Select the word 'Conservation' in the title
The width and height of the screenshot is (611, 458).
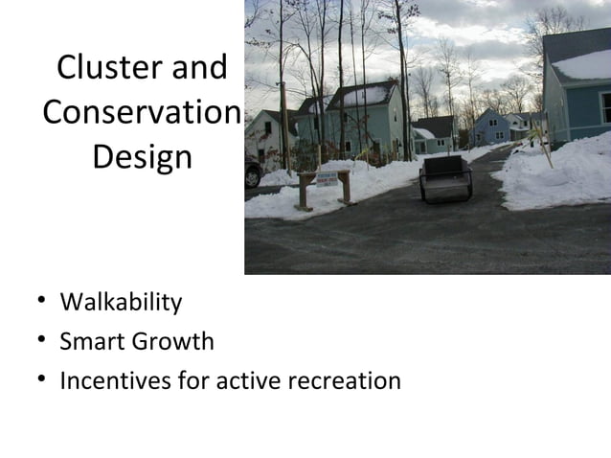click(x=140, y=112)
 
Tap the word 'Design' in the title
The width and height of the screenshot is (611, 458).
click(x=142, y=156)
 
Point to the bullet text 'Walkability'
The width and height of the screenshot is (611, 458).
click(x=121, y=303)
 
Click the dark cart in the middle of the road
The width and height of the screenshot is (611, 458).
click(x=445, y=179)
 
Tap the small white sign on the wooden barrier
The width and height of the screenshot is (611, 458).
click(x=327, y=178)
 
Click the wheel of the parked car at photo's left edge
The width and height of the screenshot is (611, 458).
click(x=252, y=177)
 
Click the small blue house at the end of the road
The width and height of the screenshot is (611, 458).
click(x=491, y=127)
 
